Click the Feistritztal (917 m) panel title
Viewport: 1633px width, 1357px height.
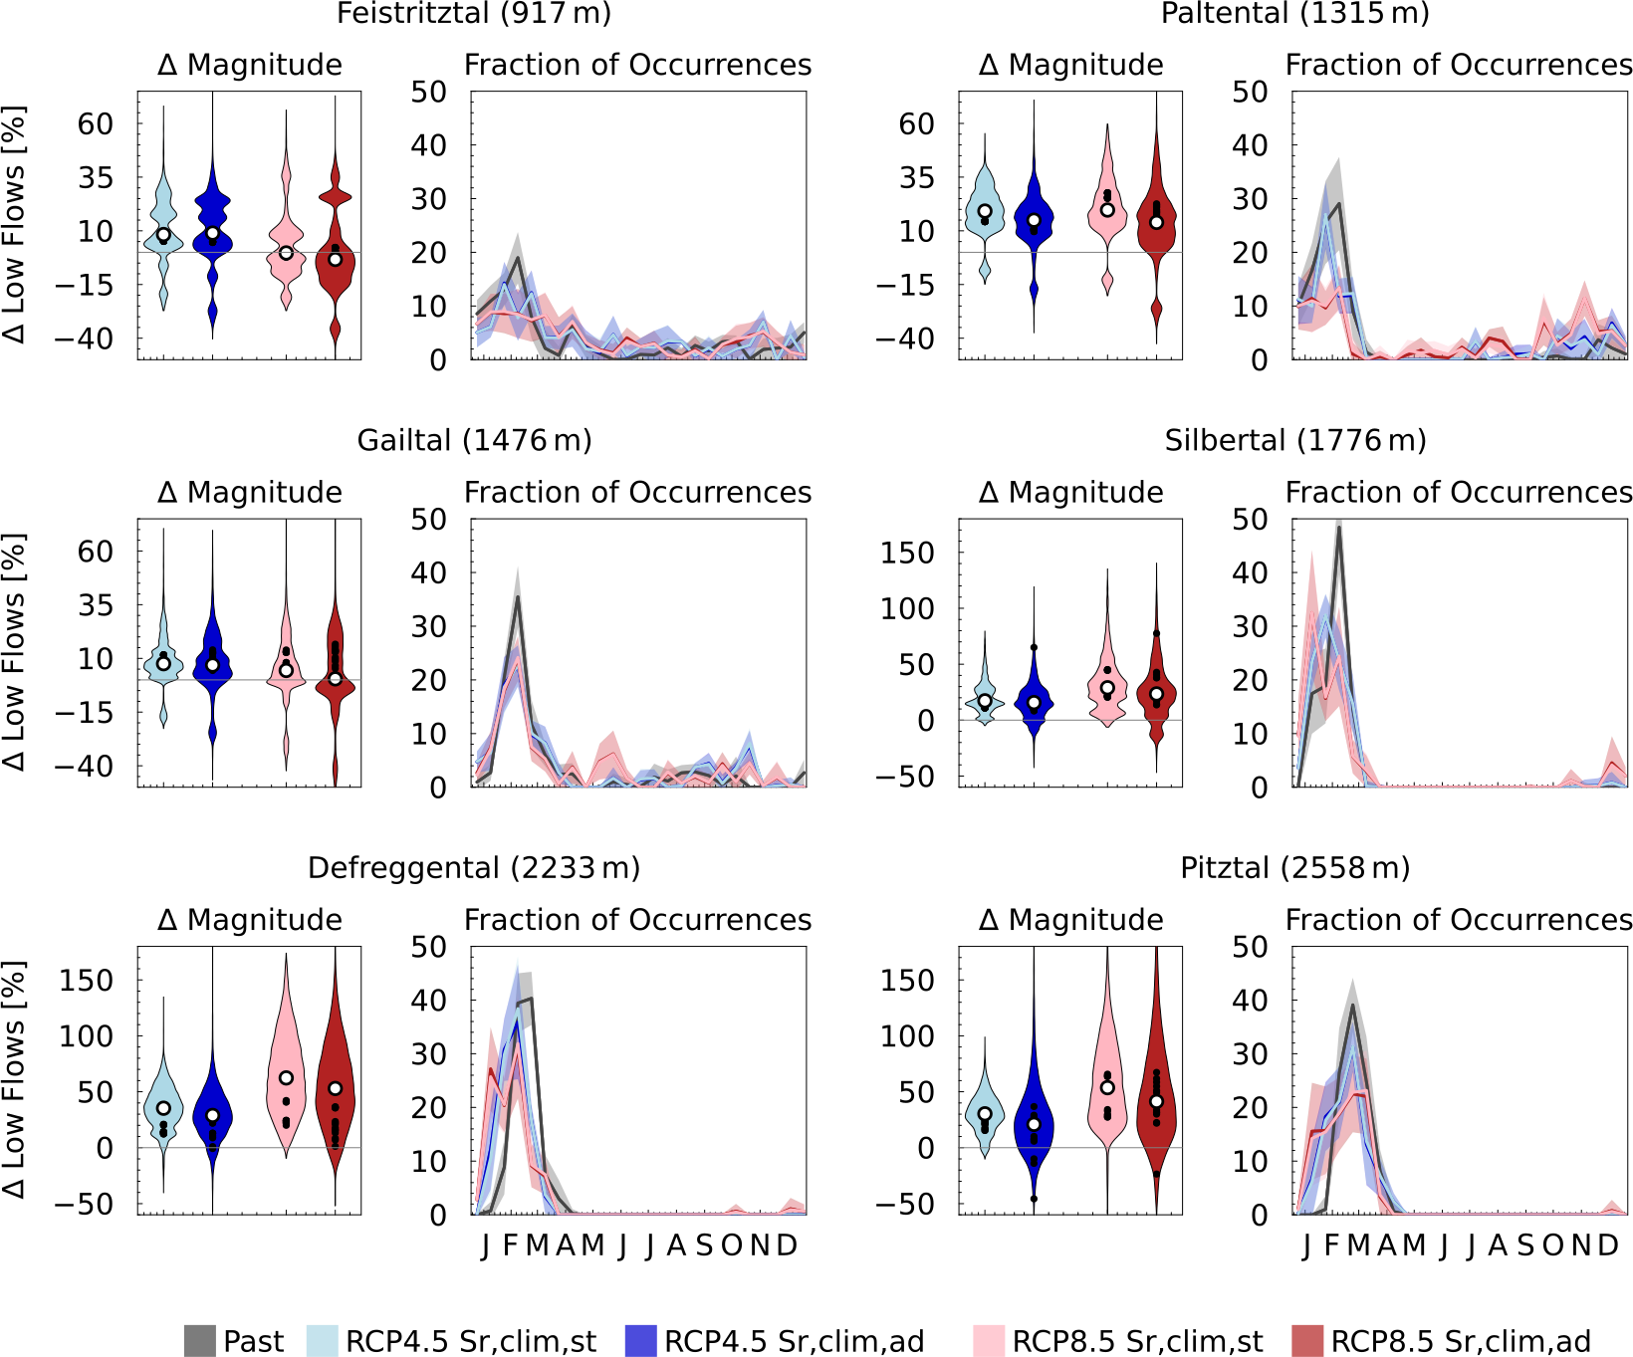pyautogui.click(x=474, y=14)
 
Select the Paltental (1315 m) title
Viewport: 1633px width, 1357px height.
pyautogui.click(x=1294, y=14)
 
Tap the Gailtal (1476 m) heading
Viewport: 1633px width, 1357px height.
pyautogui.click(x=474, y=440)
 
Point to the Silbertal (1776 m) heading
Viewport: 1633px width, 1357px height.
pyautogui.click(x=1294, y=440)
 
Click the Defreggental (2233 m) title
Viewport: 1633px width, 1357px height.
pyautogui.click(x=474, y=868)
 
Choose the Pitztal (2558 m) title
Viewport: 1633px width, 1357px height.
pyautogui.click(x=1294, y=868)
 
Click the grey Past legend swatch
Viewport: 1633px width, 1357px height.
pyautogui.click(x=200, y=1341)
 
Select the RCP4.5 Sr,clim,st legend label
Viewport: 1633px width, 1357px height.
pyautogui.click(x=470, y=1341)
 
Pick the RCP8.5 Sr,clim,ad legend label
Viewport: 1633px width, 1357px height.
pyautogui.click(x=1460, y=1341)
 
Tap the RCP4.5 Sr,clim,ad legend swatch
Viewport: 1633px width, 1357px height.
pyautogui.click(x=640, y=1341)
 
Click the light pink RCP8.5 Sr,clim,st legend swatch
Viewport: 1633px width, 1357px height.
pyautogui.click(x=989, y=1341)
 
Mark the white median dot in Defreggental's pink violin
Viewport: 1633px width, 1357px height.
pyautogui.click(x=286, y=1078)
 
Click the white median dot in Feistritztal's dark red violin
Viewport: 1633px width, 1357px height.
pyautogui.click(x=336, y=259)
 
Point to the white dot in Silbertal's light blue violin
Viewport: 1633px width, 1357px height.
pyautogui.click(x=985, y=701)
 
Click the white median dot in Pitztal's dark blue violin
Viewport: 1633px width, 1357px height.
pyautogui.click(x=1034, y=1124)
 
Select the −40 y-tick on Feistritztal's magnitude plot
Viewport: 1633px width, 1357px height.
pyautogui.click(x=84, y=339)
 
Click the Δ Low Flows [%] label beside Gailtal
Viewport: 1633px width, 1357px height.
pyautogui.click(x=14, y=652)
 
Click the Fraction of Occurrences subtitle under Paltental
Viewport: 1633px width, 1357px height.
pyautogui.click(x=1459, y=65)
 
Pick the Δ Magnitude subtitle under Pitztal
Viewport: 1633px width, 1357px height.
pyautogui.click(x=1070, y=920)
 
